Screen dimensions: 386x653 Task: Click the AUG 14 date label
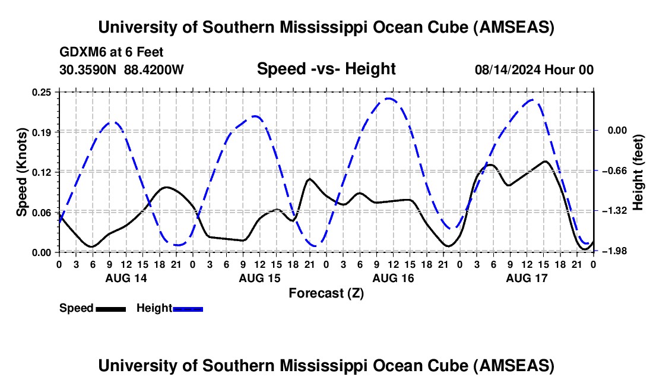click(x=126, y=278)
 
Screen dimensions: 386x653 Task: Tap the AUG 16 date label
click(x=392, y=278)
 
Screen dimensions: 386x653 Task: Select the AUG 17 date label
click(x=527, y=278)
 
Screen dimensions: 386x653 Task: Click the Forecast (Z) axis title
click(x=326, y=293)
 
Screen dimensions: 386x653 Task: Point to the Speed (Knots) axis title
click(x=22, y=172)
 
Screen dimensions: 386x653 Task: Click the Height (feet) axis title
click(x=638, y=172)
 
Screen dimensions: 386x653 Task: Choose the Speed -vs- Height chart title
click(x=326, y=69)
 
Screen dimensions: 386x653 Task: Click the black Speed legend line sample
click(x=110, y=308)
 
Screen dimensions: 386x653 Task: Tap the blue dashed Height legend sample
click(x=188, y=308)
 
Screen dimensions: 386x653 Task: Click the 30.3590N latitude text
click(x=88, y=69)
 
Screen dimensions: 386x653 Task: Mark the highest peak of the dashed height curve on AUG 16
click(x=388, y=98)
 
